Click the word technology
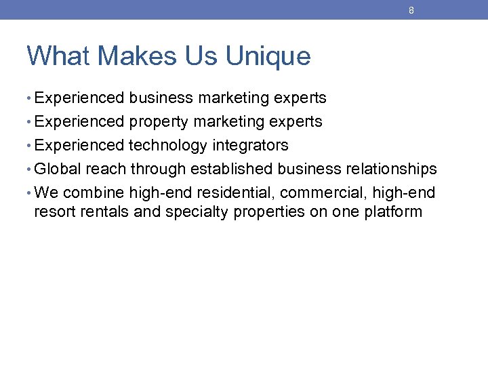(168, 146)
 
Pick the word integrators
(250, 146)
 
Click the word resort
(54, 211)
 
